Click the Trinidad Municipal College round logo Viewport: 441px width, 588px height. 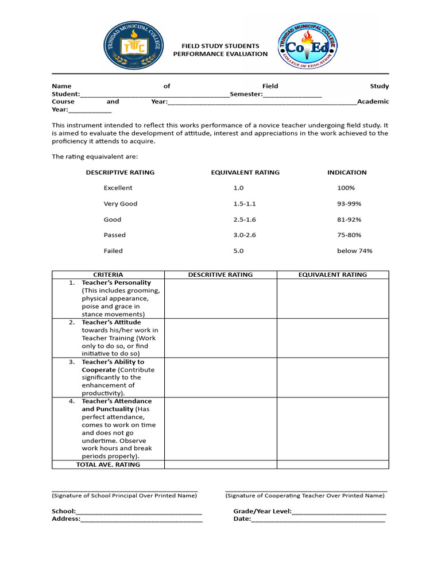pyautogui.click(x=131, y=49)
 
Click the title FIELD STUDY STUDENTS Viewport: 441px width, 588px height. pyautogui.click(x=220, y=46)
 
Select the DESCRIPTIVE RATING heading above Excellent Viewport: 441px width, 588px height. pyautogui.click(x=120, y=172)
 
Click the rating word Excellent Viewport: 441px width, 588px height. pyautogui.click(x=118, y=188)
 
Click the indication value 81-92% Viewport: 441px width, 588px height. pyautogui.click(x=349, y=219)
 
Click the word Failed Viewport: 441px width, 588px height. pyautogui.click(x=113, y=251)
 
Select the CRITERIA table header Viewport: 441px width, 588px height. pyautogui.click(x=108, y=274)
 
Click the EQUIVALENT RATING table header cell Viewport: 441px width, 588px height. pyautogui.click(x=332, y=274)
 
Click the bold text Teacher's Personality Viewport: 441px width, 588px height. pyautogui.click(x=117, y=283)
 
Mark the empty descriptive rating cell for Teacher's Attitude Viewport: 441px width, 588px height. pyautogui.click(x=220, y=338)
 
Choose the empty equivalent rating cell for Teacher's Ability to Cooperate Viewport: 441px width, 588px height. pyautogui.click(x=332, y=377)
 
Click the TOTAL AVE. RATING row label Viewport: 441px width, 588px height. pyautogui.click(x=108, y=465)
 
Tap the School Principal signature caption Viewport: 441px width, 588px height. pyautogui.click(x=125, y=496)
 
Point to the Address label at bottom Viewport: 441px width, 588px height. pyautogui.click(x=65, y=519)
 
